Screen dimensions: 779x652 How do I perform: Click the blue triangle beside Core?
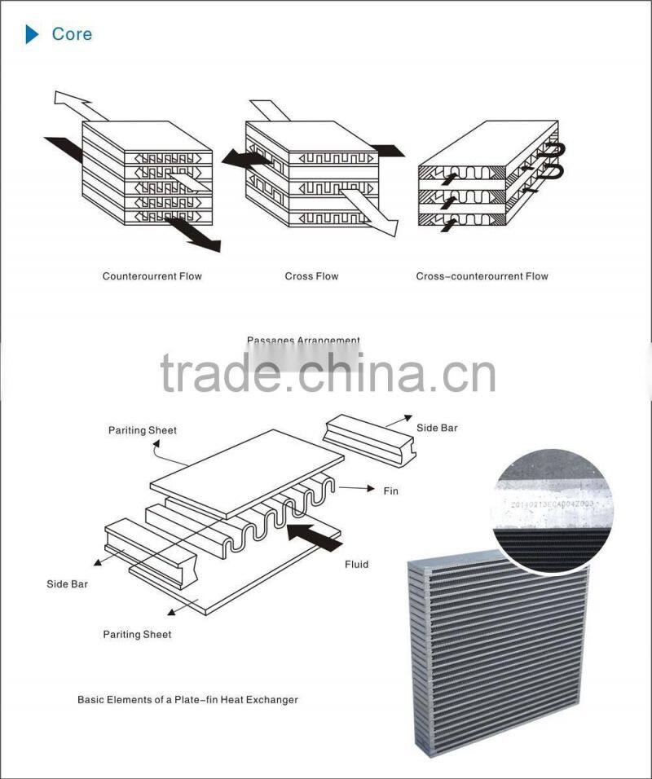[x=32, y=34]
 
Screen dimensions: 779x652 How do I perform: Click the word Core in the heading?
[x=72, y=34]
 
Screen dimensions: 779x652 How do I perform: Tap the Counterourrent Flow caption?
[x=152, y=276]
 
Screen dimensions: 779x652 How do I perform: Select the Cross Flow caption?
[x=311, y=276]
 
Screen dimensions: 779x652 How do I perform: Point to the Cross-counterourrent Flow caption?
[x=482, y=276]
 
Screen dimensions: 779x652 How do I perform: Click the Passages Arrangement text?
[x=303, y=341]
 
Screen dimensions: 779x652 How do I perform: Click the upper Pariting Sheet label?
[x=143, y=430]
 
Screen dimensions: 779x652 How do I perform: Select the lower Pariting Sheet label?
[x=137, y=634]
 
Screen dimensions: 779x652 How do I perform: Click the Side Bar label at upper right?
[x=438, y=428]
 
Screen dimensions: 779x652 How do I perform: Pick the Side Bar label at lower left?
[x=67, y=584]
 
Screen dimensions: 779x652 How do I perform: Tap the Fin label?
[x=390, y=491]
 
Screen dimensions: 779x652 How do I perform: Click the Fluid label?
[x=356, y=564]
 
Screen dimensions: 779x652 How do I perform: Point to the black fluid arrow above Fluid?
[x=315, y=535]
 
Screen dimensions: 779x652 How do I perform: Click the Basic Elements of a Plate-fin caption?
[x=187, y=699]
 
